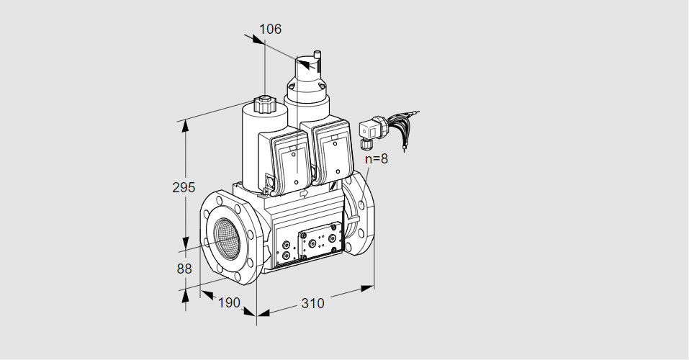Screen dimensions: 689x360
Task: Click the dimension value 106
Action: pos(270,29)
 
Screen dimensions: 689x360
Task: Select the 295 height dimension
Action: pos(184,187)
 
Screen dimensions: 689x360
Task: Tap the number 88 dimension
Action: pos(184,268)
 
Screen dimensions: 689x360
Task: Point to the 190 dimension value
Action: pos(229,302)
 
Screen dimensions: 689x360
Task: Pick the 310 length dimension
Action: pos(312,303)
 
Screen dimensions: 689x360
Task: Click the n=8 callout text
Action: pos(377,158)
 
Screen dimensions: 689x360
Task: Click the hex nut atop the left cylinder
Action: pos(264,104)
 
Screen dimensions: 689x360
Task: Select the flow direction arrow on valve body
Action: pos(304,193)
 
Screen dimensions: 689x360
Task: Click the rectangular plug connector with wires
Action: pos(368,129)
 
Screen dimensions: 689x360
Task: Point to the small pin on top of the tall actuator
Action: pos(317,55)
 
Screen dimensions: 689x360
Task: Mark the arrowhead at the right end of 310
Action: pos(367,289)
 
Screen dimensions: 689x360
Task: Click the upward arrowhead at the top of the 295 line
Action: pos(186,126)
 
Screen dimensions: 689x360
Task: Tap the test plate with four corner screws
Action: pos(320,240)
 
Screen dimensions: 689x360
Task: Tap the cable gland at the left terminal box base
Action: pos(270,181)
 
